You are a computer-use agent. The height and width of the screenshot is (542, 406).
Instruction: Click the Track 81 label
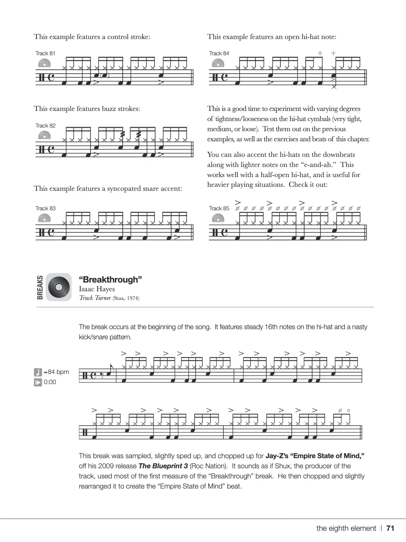click(x=45, y=53)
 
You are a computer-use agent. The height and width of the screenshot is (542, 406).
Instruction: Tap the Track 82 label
click(x=45, y=126)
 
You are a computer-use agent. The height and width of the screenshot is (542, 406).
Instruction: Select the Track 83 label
click(x=45, y=208)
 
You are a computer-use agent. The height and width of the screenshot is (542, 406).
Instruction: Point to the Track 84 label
click(x=219, y=53)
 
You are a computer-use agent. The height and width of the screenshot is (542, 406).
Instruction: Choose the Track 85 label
click(x=219, y=208)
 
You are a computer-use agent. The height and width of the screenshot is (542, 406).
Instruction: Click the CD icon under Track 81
click(x=44, y=64)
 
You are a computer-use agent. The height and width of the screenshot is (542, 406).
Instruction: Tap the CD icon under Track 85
click(x=218, y=219)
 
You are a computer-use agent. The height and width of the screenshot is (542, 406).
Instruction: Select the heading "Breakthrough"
click(x=110, y=280)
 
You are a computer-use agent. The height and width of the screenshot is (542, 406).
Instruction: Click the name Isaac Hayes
click(x=97, y=289)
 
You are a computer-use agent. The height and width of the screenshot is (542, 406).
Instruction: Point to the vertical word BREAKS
click(x=40, y=288)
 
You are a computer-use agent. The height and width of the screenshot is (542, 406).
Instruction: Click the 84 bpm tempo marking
click(x=58, y=372)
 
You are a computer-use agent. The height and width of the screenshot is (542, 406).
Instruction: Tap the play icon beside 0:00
click(x=38, y=382)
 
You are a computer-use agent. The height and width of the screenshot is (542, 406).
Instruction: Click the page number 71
click(x=390, y=528)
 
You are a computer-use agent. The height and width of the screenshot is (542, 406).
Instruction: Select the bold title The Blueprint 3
click(x=163, y=466)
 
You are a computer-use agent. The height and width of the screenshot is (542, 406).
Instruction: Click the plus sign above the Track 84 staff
click(x=333, y=53)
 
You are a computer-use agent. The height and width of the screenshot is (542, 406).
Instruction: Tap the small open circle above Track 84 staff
click(x=320, y=53)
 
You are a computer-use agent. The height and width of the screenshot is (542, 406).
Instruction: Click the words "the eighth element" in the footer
click(x=346, y=528)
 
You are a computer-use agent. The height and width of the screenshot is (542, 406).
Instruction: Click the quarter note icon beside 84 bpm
click(x=38, y=372)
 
